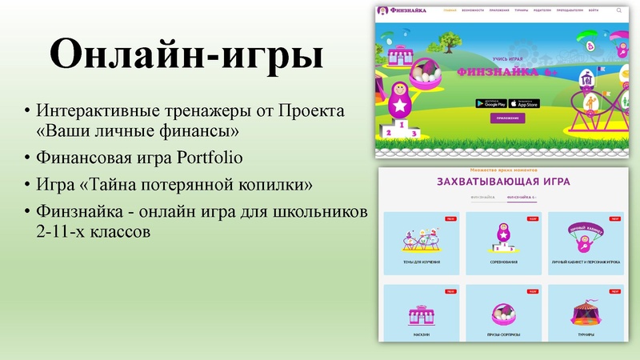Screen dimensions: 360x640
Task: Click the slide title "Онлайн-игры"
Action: (x=186, y=57)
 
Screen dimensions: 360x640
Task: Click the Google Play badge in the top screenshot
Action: (x=490, y=103)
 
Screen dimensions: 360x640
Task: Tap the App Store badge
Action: (x=525, y=103)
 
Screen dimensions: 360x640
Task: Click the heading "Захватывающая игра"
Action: (x=503, y=182)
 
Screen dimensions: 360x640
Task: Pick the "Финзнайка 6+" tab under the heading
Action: (x=522, y=197)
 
